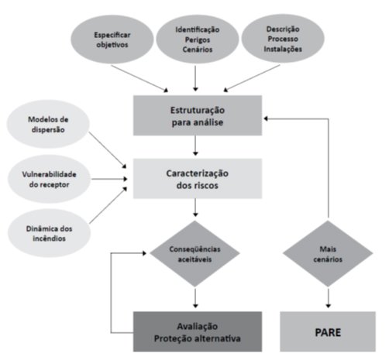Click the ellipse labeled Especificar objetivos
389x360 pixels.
click(112, 39)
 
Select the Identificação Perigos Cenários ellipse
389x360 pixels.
click(198, 39)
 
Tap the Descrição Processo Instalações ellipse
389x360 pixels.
click(283, 39)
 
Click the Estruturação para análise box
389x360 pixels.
click(198, 115)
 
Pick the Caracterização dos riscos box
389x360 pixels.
click(198, 179)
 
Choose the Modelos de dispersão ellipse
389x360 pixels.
click(48, 124)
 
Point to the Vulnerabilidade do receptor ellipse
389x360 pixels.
click(49, 179)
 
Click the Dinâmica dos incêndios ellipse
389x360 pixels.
click(49, 233)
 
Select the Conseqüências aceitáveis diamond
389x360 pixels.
click(195, 254)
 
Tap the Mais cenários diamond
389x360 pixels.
click(328, 254)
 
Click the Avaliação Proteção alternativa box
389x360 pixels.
click(198, 331)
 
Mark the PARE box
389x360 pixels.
click(328, 331)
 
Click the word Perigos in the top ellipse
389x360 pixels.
click(198, 39)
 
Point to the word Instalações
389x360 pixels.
click(283, 49)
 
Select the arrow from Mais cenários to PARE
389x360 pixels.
click(329, 298)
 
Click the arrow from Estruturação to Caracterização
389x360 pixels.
click(195, 146)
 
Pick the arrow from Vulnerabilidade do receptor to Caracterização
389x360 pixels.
click(110, 179)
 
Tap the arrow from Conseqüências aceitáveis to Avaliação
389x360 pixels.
click(195, 298)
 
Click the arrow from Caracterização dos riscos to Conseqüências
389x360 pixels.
click(195, 207)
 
